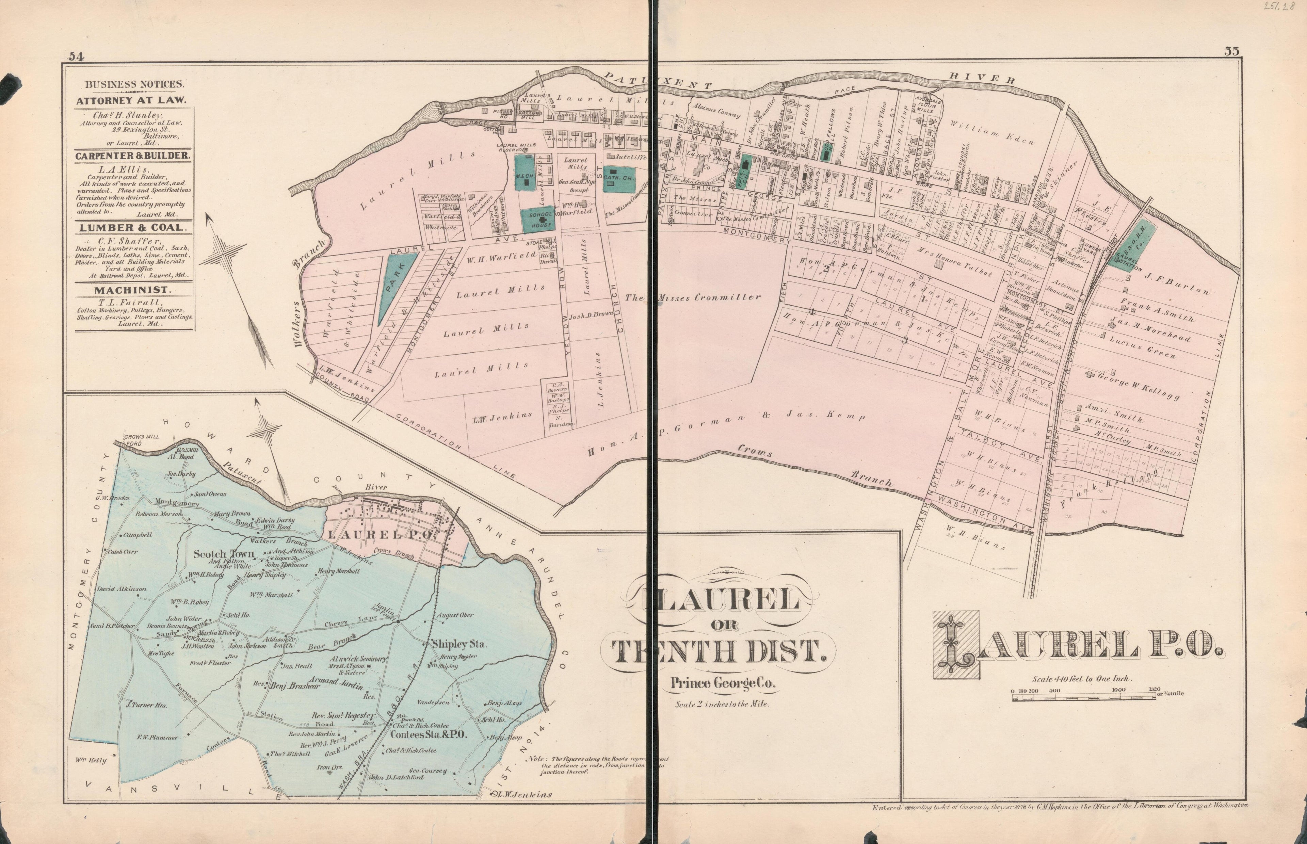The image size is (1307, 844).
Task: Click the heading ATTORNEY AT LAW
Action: pyautogui.click(x=131, y=101)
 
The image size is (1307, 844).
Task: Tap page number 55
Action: pyautogui.click(x=1232, y=51)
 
